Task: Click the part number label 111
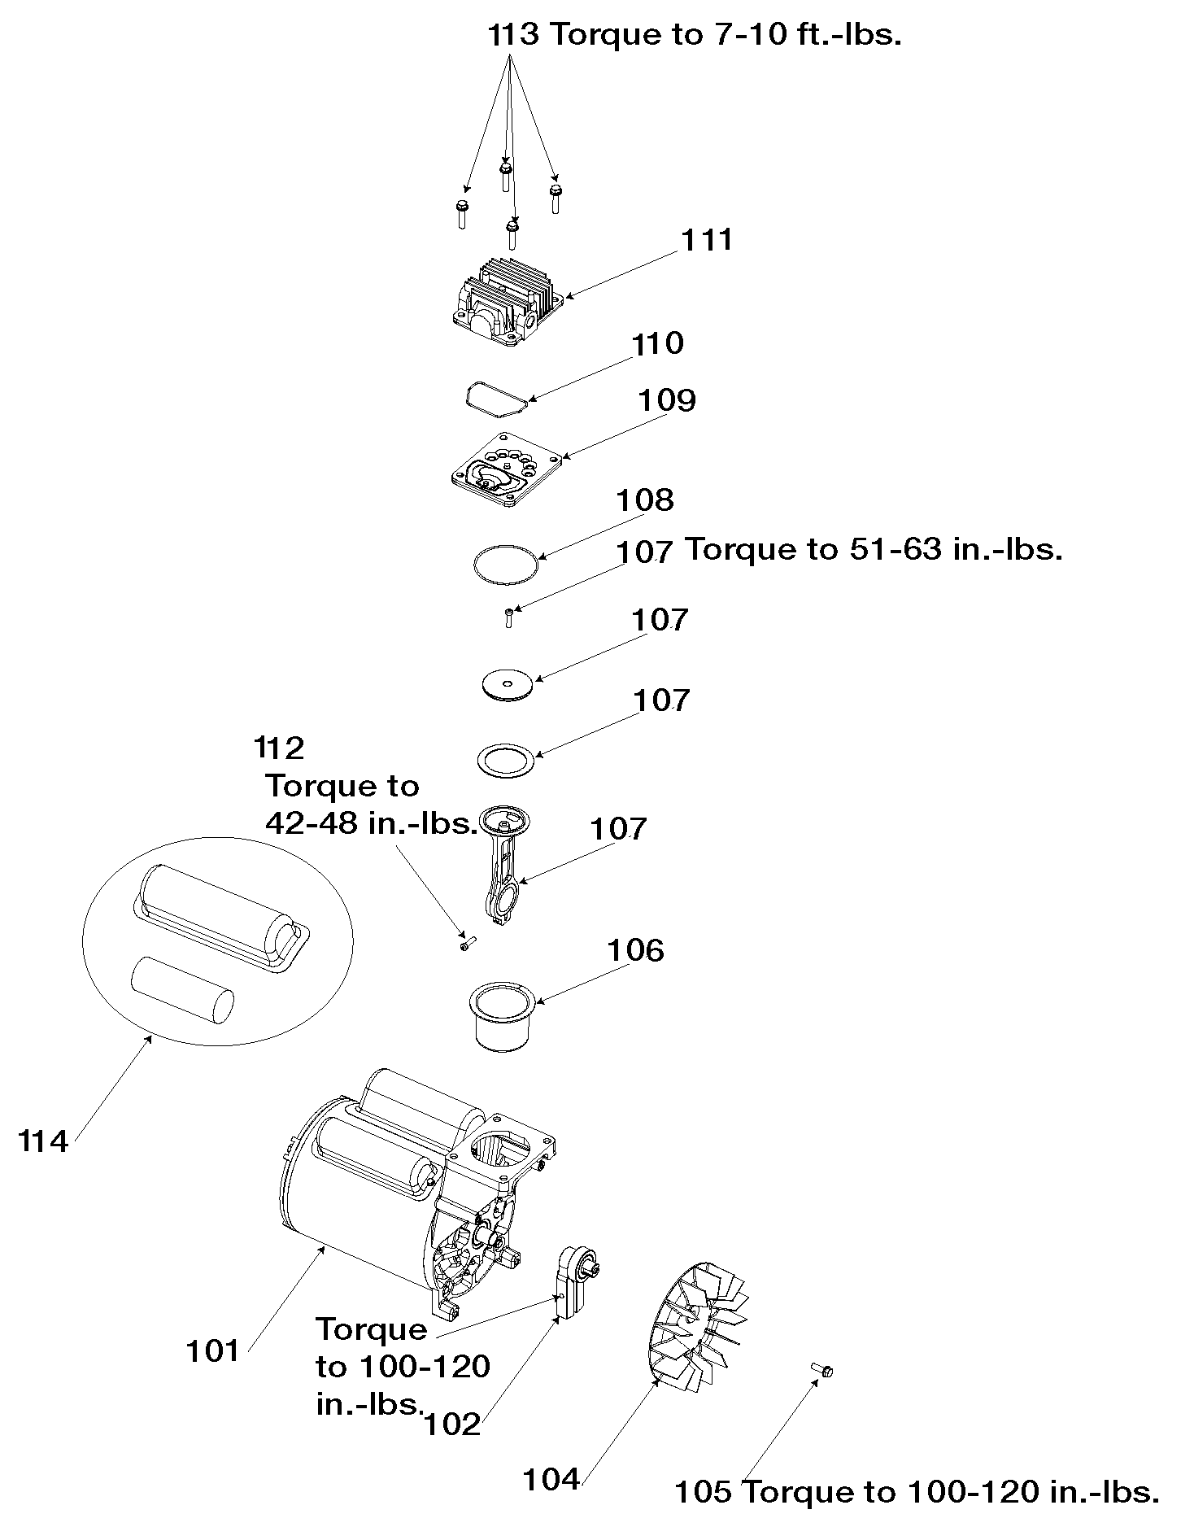707,240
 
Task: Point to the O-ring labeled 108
506,563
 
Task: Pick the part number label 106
636,950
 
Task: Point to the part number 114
43,1141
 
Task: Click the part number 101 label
213,1351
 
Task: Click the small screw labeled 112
467,944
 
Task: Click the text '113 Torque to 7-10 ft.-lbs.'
695,36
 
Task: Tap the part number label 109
667,400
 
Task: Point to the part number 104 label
551,1480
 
